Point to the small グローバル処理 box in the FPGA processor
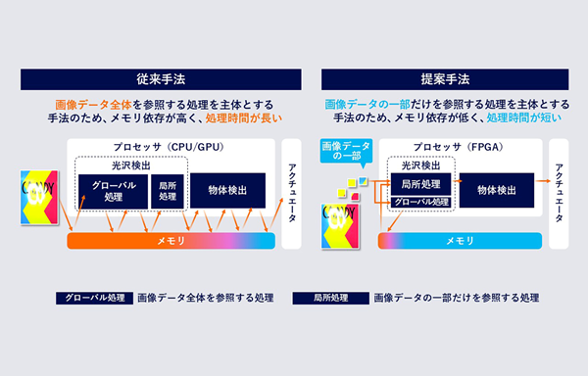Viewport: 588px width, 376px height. tap(419, 203)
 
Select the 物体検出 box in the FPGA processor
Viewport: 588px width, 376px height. tap(496, 188)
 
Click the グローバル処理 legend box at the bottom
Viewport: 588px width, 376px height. tap(91, 297)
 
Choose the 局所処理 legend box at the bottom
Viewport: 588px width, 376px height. tap(332, 297)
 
